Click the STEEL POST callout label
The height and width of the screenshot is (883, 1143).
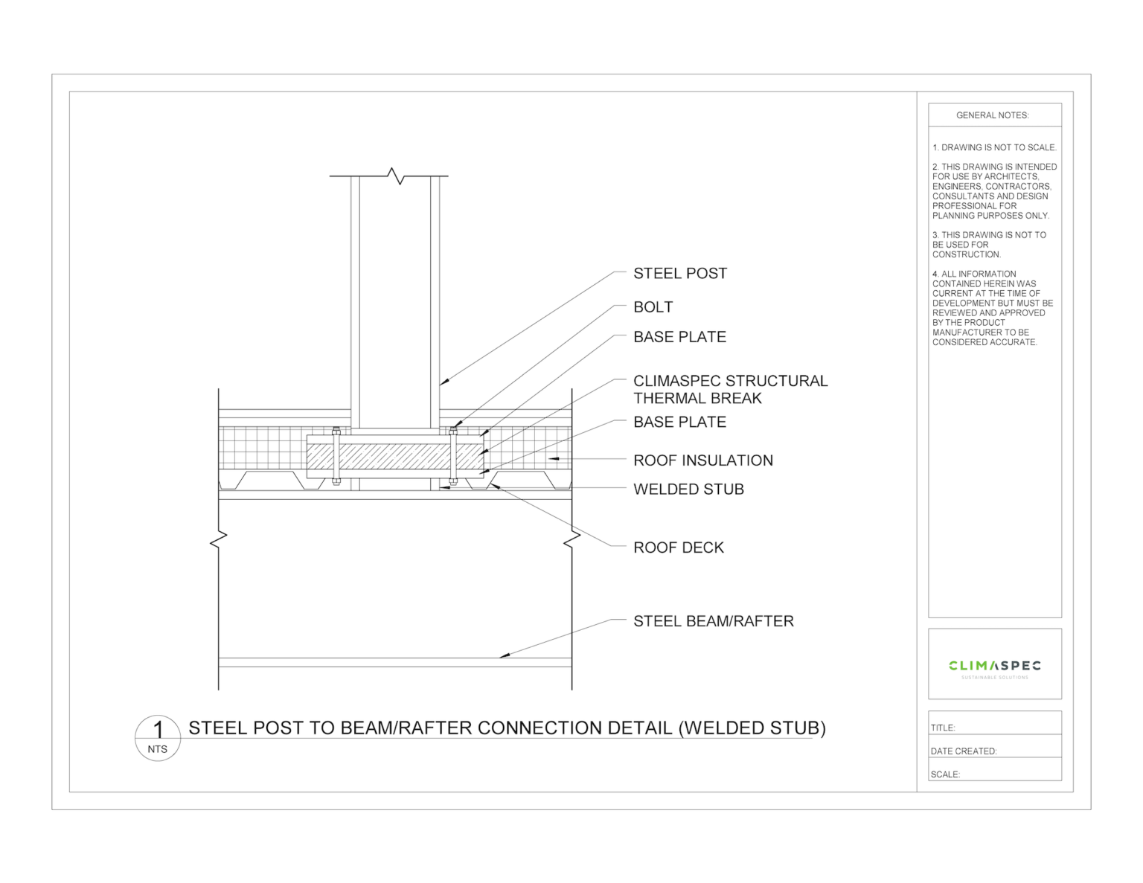(x=679, y=274)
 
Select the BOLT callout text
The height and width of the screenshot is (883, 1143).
(x=653, y=307)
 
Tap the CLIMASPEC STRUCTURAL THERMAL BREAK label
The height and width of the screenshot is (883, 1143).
(x=729, y=389)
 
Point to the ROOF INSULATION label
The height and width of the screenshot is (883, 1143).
(x=702, y=460)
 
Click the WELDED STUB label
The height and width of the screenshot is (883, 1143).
(x=688, y=489)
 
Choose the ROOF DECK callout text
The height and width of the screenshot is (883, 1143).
(x=678, y=548)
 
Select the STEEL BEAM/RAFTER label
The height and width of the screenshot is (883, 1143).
(x=713, y=621)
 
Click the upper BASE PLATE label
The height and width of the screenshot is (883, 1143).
(x=679, y=337)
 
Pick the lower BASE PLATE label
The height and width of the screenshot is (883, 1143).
(x=679, y=422)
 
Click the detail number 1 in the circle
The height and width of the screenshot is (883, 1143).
(x=157, y=730)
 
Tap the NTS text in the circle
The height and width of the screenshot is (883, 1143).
(x=157, y=749)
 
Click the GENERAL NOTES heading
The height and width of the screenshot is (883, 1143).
(x=992, y=115)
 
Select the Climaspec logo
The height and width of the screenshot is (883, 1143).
(x=994, y=667)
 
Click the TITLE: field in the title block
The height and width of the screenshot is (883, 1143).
(x=994, y=727)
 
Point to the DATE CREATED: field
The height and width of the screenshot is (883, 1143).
(x=994, y=751)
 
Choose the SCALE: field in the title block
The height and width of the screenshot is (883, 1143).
(x=994, y=774)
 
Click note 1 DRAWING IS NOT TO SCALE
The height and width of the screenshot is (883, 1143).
(x=993, y=147)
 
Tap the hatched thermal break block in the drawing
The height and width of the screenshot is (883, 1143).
(x=394, y=457)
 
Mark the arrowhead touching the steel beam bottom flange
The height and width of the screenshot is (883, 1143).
(x=504, y=655)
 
